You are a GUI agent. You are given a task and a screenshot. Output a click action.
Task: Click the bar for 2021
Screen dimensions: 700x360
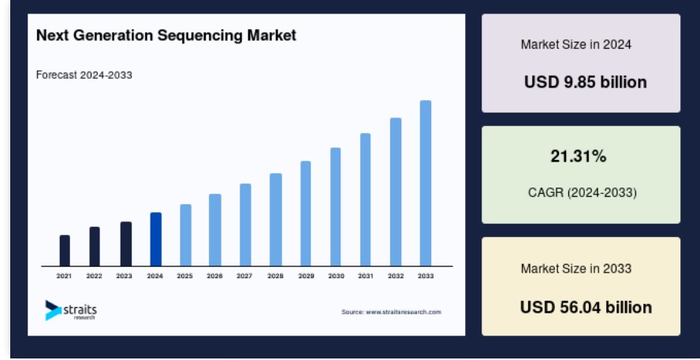(65, 251)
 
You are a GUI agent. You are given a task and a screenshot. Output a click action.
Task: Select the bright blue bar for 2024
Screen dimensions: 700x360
(156, 239)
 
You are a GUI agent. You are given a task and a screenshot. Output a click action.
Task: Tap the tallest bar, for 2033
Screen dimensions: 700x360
(426, 184)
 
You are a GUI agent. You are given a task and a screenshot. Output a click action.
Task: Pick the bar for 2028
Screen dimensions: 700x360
(275, 220)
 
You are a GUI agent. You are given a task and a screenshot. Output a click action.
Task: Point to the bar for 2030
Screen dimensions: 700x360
(335, 207)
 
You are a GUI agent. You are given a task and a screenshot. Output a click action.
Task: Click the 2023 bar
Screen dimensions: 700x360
(126, 244)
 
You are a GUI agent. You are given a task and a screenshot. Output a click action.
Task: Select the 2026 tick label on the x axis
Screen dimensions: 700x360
(214, 276)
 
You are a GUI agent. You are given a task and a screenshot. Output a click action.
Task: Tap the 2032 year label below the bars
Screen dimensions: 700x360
(396, 276)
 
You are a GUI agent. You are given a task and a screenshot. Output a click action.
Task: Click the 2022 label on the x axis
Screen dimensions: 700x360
(94, 276)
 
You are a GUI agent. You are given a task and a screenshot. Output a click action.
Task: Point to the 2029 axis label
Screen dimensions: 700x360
(306, 276)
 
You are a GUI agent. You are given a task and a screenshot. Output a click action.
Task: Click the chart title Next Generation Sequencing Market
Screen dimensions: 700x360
(166, 35)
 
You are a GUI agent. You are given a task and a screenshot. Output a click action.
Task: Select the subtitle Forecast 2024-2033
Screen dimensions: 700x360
(84, 75)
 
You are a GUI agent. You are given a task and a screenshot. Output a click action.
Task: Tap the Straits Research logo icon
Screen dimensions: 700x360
(53, 310)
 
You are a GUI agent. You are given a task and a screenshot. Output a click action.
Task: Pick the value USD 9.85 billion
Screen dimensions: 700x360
(585, 82)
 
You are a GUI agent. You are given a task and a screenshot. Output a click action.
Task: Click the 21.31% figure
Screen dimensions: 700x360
(578, 156)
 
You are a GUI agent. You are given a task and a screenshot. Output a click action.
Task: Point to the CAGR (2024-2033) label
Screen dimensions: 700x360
(582, 193)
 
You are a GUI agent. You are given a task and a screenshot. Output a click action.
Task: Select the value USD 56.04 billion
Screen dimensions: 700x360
(586, 307)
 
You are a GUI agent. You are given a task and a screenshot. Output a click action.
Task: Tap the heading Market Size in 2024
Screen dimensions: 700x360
(576, 45)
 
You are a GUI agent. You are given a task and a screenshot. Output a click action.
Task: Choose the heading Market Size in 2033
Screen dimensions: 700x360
(576, 269)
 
